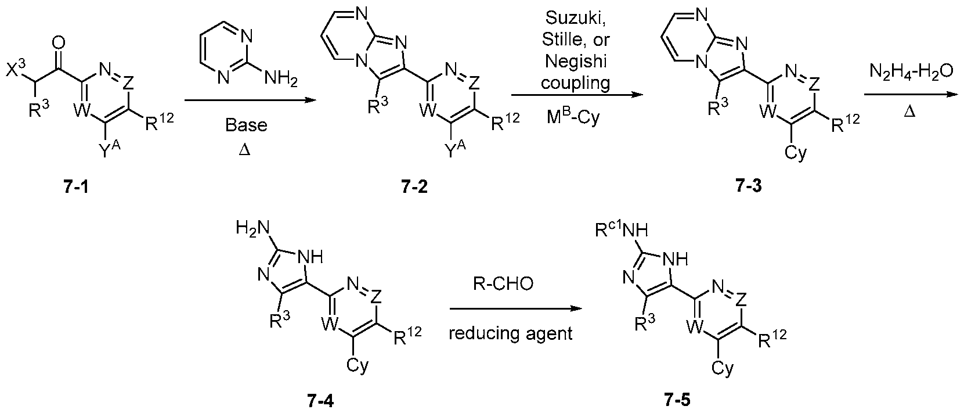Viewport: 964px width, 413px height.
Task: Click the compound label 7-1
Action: pyautogui.click(x=76, y=188)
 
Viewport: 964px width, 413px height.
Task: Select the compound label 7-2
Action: pyautogui.click(x=415, y=188)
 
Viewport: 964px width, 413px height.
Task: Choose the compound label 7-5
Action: pyautogui.click(x=677, y=400)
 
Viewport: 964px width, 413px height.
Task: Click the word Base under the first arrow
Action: pyautogui.click(x=246, y=125)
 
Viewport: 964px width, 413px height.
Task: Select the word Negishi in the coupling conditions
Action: pyautogui.click(x=576, y=61)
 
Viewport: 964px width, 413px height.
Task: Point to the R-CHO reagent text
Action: pyautogui.click(x=503, y=283)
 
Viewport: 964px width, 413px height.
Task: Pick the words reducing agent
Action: pyautogui.click(x=511, y=334)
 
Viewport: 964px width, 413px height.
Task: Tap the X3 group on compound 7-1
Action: pyautogui.click(x=16, y=70)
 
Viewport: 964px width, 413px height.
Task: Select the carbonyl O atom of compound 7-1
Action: pyautogui.click(x=59, y=42)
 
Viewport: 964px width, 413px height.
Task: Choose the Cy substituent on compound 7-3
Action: pyautogui.click(x=796, y=152)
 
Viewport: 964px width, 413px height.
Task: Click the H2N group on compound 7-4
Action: pyautogui.click(x=252, y=228)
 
